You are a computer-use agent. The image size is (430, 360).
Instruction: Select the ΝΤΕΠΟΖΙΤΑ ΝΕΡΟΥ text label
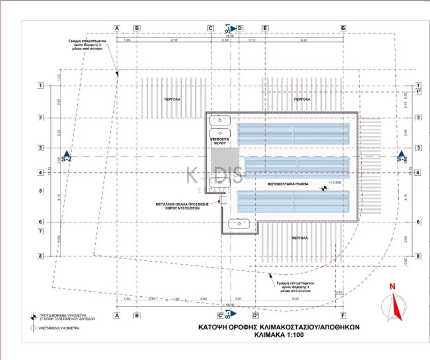click(x=221, y=141)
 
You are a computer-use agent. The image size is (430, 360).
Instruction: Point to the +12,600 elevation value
click(x=335, y=183)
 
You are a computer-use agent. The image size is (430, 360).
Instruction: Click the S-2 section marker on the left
click(x=67, y=157)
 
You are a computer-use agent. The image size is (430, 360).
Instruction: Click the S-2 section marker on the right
click(x=401, y=157)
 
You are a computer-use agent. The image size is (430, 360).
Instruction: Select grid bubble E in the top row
click(x=265, y=28)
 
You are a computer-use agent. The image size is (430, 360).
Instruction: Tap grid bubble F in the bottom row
click(x=343, y=315)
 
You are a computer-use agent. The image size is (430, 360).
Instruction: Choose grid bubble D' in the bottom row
click(x=255, y=315)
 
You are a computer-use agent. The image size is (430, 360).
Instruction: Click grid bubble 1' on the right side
click(x=417, y=91)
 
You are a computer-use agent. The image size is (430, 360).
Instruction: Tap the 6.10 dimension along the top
click(x=174, y=41)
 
